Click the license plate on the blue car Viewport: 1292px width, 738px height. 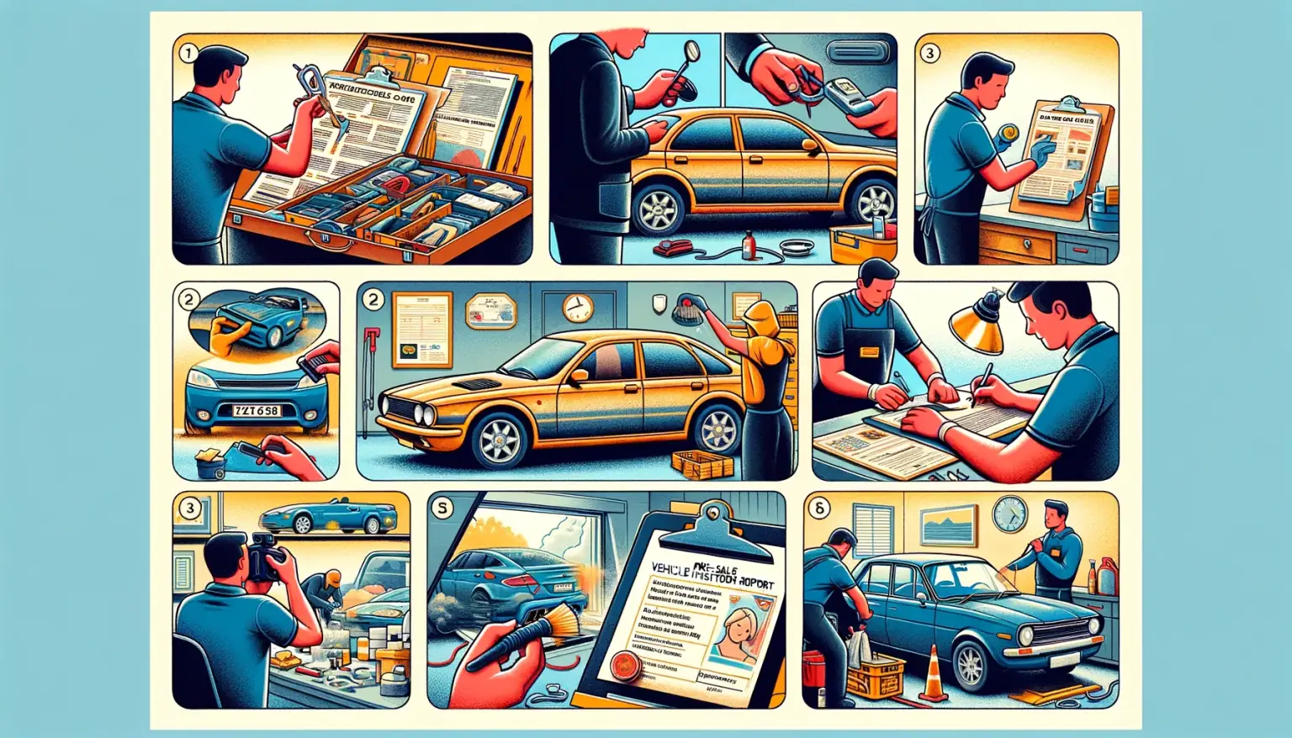click(x=257, y=411)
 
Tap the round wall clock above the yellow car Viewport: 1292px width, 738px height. click(x=578, y=308)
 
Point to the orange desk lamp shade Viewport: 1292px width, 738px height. click(x=976, y=329)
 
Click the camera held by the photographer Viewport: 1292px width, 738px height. click(x=264, y=556)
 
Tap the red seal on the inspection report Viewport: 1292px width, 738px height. click(x=626, y=665)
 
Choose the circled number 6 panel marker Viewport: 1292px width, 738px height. click(x=818, y=508)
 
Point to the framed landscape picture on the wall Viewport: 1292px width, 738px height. click(x=948, y=525)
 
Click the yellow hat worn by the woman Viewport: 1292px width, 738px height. click(x=761, y=319)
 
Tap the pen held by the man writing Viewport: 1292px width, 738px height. click(x=982, y=383)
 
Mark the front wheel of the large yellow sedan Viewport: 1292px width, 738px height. click(x=500, y=440)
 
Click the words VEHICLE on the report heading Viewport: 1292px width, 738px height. click(x=682, y=579)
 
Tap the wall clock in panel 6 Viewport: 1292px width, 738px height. click(x=1009, y=514)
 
